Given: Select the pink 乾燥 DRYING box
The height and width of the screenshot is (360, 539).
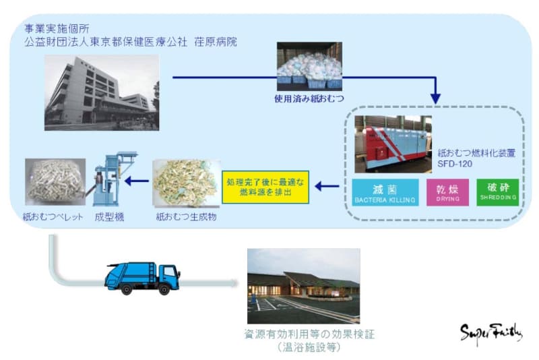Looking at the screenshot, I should [x=448, y=192].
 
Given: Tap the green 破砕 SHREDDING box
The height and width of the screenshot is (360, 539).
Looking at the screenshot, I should [x=498, y=191].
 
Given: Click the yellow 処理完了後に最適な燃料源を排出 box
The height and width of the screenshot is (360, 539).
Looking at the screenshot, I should [x=265, y=187].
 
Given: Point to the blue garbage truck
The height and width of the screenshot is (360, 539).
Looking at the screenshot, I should [x=142, y=276].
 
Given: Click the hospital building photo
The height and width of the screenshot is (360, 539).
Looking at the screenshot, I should [x=102, y=92].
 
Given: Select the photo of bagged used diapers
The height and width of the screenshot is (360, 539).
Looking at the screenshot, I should [x=309, y=67].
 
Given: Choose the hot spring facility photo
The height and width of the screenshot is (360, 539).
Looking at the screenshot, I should [x=303, y=286].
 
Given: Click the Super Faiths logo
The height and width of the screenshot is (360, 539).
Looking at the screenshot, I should [x=490, y=332].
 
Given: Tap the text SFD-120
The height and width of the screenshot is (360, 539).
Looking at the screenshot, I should [x=454, y=164].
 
